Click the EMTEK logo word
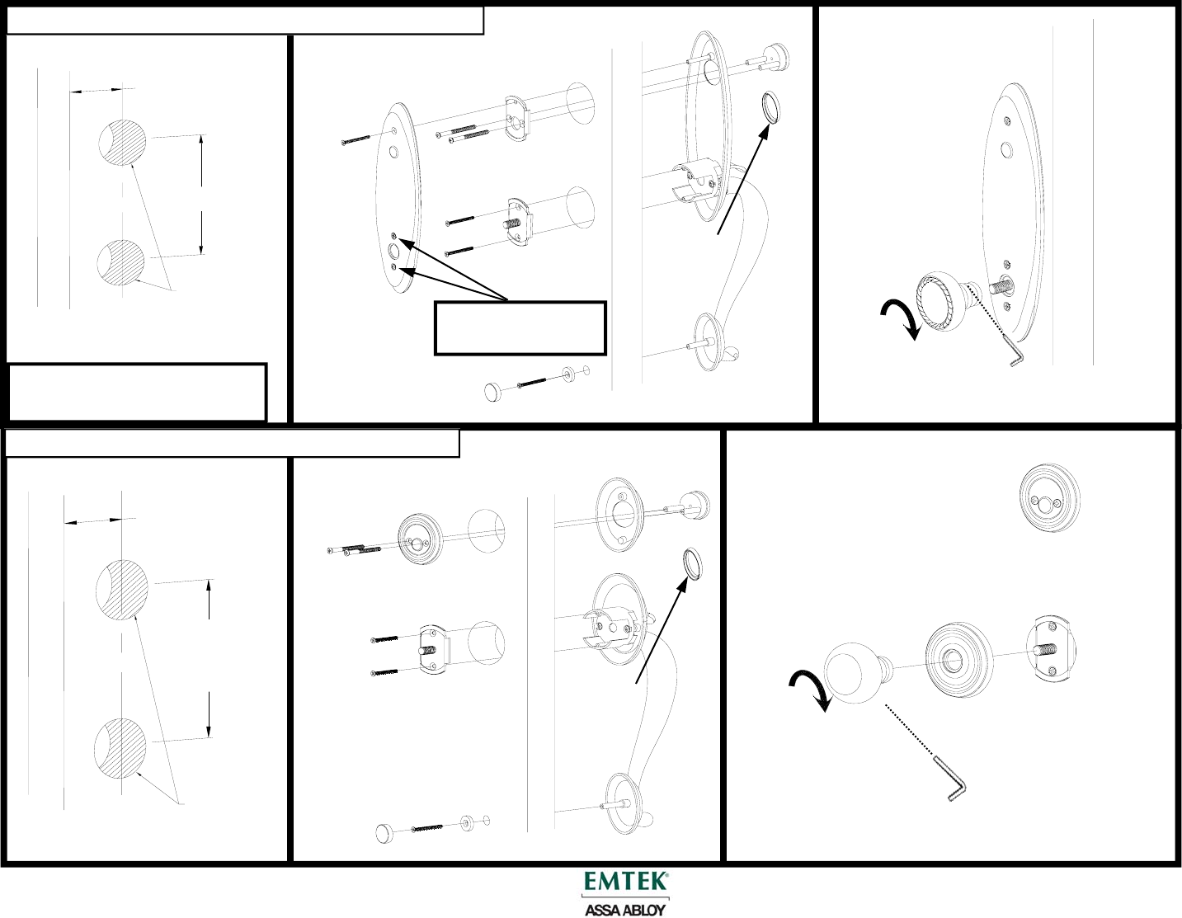pyautogui.click(x=625, y=881)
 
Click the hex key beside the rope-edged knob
pyautogui.click(x=1014, y=351)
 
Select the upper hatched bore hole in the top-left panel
pyautogui.click(x=123, y=142)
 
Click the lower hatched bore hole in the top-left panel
pyautogui.click(x=122, y=262)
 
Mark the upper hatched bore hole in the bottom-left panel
pyautogui.click(x=122, y=590)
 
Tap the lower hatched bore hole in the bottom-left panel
pyautogui.click(x=120, y=748)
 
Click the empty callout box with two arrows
pyautogui.click(x=520, y=328)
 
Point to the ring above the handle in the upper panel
pyautogui.click(x=770, y=108)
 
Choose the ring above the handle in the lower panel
pyautogui.click(x=692, y=563)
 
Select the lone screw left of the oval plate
pyautogui.click(x=356, y=139)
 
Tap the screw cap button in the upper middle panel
pyautogui.click(x=494, y=392)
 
